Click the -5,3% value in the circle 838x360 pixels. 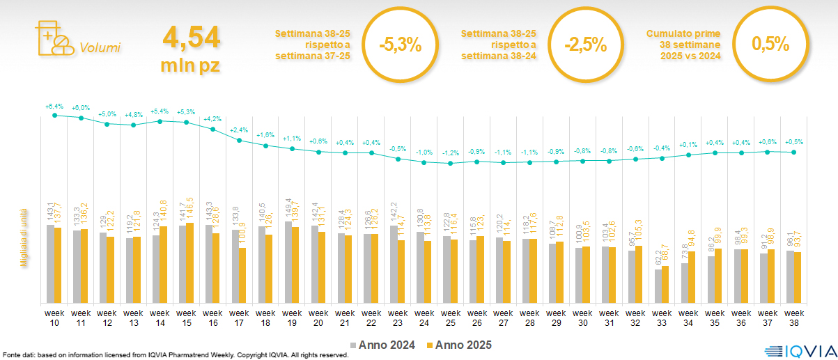pos(400,45)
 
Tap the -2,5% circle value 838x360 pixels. pos(586,45)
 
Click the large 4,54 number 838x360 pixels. pos(191,37)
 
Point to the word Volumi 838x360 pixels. pos(100,48)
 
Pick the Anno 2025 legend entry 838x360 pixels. pos(459,345)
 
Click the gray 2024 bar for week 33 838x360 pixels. pos(658,285)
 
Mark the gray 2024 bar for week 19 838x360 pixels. pos(288,262)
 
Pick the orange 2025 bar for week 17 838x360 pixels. pos(243,275)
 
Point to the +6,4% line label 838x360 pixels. pos(54,107)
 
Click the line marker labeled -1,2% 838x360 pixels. pos(451,164)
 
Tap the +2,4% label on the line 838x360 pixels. pos(239,130)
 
